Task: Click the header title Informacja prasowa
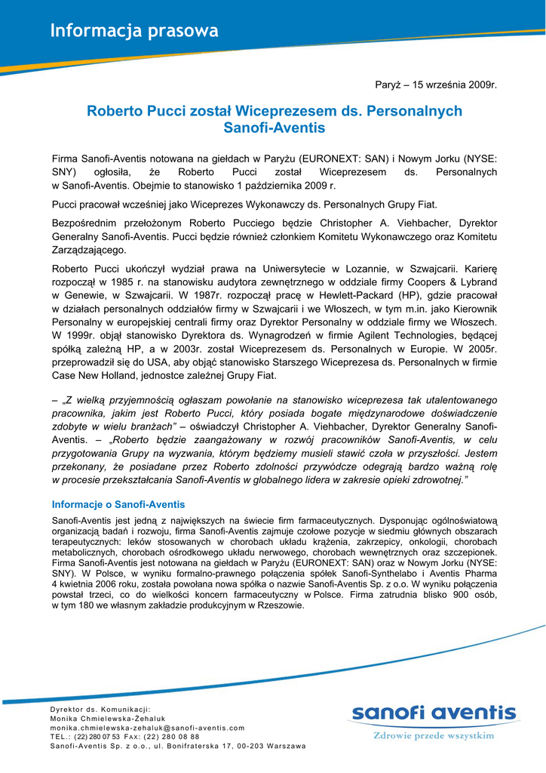pos(134,31)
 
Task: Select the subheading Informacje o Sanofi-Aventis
pos(118,504)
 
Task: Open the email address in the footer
pos(147,728)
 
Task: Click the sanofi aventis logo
pos(434,713)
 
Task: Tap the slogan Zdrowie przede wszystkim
pos(434,735)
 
